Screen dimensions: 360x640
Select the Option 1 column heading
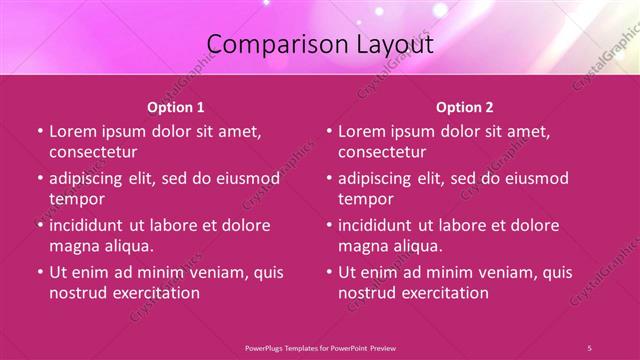(x=176, y=106)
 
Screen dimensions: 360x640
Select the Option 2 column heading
(x=465, y=106)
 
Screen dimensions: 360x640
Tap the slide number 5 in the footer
(x=589, y=347)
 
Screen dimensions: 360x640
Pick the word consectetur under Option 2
(x=382, y=153)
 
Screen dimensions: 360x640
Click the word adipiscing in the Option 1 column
(x=91, y=179)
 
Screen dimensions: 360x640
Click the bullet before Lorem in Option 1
(x=39, y=132)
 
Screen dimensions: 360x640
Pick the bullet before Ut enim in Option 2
(x=329, y=272)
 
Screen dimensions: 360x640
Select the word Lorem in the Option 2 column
(x=362, y=132)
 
